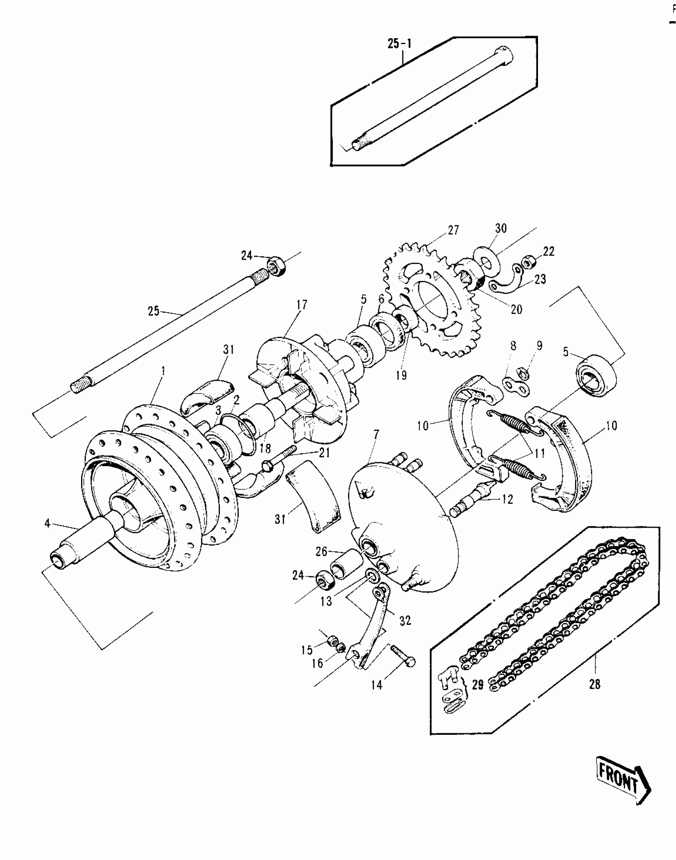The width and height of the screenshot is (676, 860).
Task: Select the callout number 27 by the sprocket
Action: click(453, 230)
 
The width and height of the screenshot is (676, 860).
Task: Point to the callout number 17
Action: click(302, 305)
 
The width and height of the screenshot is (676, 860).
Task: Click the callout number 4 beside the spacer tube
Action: click(48, 523)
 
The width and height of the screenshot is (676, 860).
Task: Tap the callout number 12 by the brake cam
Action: click(507, 499)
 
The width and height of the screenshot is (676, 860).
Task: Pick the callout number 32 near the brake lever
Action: click(405, 620)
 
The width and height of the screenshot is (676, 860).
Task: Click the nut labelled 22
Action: click(528, 262)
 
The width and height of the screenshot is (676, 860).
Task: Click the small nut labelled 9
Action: click(524, 372)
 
